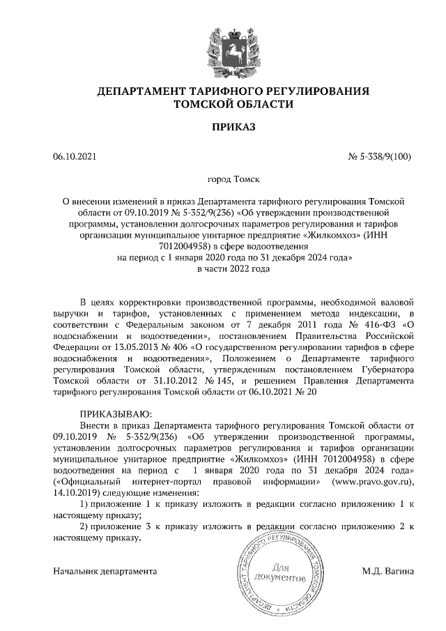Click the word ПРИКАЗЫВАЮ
tap(116, 413)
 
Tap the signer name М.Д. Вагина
tap(387, 571)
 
